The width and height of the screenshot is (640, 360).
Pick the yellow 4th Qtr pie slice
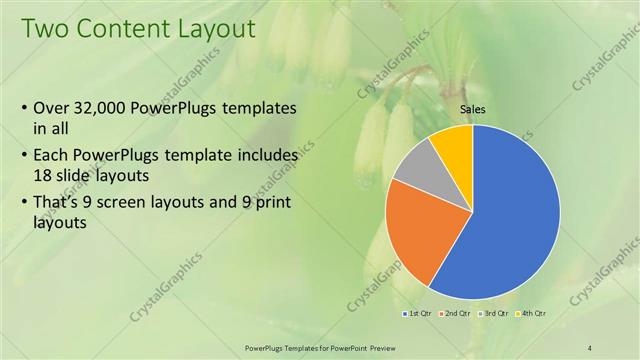[454, 144]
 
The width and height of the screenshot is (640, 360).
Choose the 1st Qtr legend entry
[419, 314]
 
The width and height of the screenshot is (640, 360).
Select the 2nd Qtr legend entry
[459, 314]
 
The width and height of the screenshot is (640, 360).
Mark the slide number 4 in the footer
[591, 346]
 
